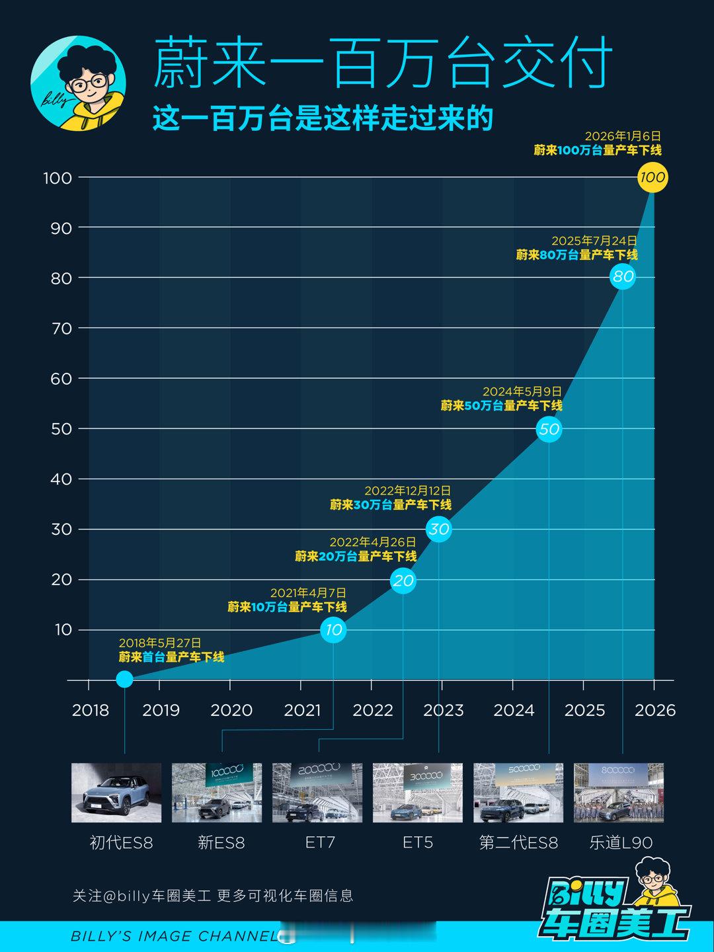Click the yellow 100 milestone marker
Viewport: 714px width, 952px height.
[x=653, y=177]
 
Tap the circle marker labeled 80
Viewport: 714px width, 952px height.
[x=623, y=276]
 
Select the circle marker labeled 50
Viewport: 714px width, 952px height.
[x=549, y=429]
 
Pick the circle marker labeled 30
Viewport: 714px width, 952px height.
[x=439, y=529]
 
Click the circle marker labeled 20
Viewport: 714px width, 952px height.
[x=403, y=580]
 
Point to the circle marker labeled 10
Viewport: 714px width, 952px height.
[x=333, y=629]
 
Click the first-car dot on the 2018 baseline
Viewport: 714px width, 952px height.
[x=124, y=679]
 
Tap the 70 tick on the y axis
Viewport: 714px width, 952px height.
[x=61, y=328]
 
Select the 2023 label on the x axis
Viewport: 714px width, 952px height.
[x=443, y=710]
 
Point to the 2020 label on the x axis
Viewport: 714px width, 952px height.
[x=231, y=710]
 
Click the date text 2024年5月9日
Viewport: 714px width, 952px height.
[x=522, y=392]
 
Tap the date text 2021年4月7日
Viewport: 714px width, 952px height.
[x=308, y=593]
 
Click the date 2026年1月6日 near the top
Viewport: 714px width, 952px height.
[x=623, y=136]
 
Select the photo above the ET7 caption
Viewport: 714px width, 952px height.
[x=317, y=793]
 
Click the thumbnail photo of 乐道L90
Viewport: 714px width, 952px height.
[x=618, y=793]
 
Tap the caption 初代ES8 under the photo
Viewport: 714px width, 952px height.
[x=121, y=843]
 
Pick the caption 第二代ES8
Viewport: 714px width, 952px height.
[x=518, y=843]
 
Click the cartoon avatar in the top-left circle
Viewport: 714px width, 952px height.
[x=79, y=83]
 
